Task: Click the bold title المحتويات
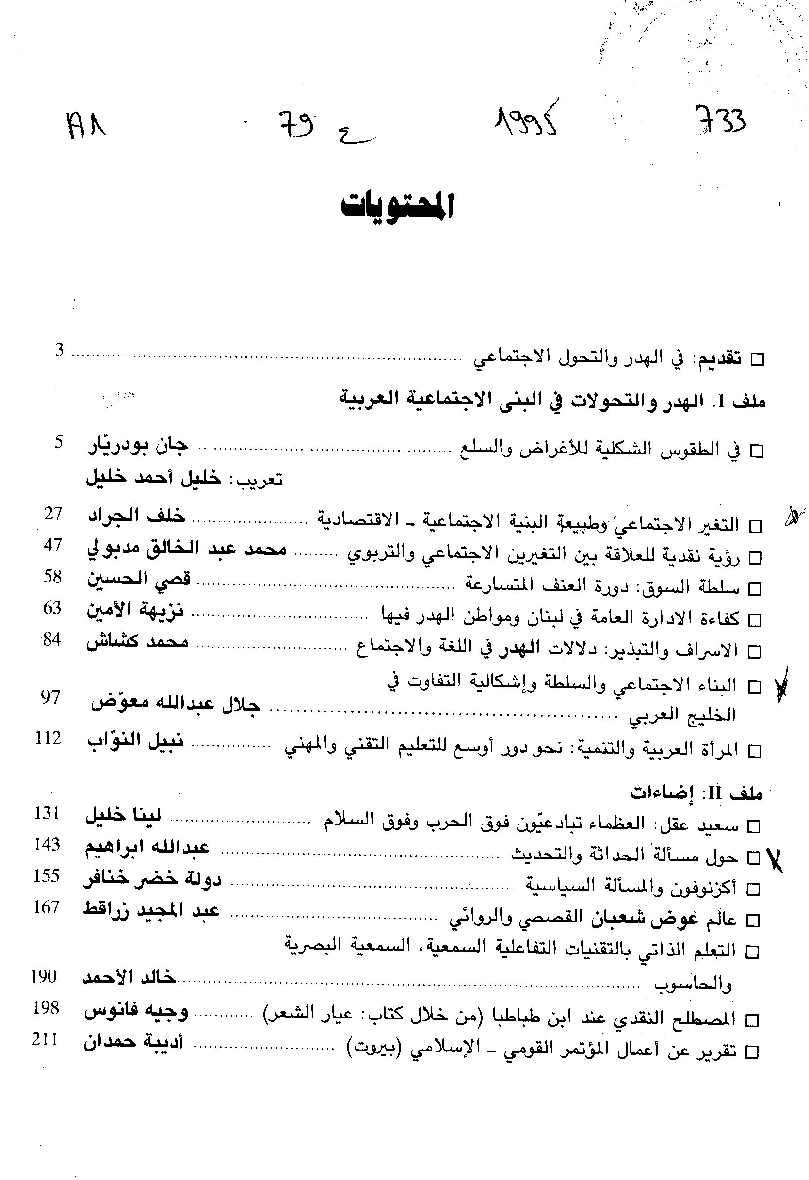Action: coord(397,206)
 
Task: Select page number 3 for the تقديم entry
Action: coord(60,350)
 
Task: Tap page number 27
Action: coord(53,514)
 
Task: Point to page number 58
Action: coord(52,577)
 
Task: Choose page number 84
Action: coord(52,639)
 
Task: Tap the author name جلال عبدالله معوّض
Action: coord(175,705)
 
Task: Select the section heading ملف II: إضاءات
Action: coord(697,792)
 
